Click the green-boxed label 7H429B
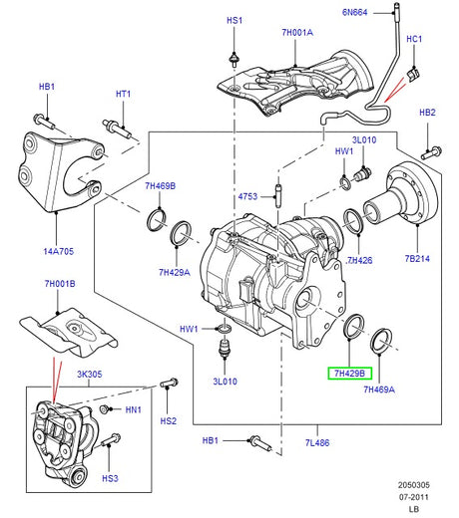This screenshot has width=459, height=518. (x=349, y=374)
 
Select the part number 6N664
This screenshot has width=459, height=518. (x=354, y=12)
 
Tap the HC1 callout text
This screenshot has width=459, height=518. (x=414, y=39)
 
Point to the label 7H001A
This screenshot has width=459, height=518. (x=297, y=32)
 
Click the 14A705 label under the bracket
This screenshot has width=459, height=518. (x=58, y=251)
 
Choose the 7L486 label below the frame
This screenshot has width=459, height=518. (x=317, y=442)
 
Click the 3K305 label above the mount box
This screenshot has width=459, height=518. (x=90, y=375)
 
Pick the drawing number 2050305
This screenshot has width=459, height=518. (x=414, y=485)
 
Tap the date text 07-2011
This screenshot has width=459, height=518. (x=414, y=497)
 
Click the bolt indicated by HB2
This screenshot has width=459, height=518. (x=431, y=152)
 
